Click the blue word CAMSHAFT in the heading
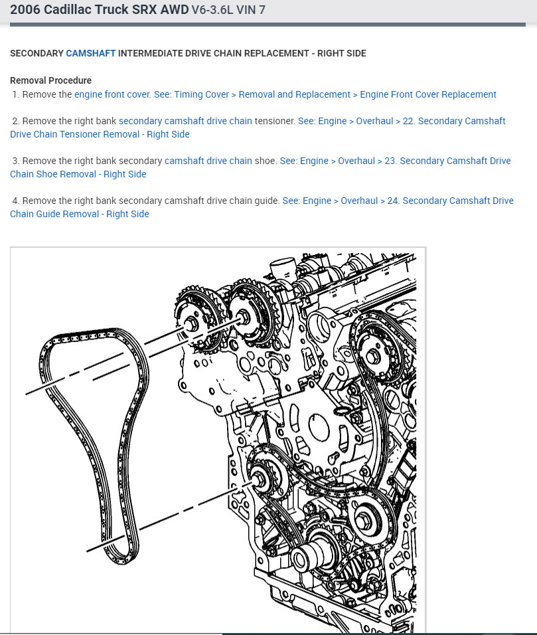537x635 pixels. [90, 53]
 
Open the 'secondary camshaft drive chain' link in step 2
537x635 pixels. [185, 121]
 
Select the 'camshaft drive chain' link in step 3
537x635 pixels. [208, 161]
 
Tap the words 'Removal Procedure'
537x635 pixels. [50, 80]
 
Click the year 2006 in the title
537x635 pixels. [25, 10]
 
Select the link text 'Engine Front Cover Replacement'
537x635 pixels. [428, 94]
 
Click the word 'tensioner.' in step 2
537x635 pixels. [274, 121]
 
